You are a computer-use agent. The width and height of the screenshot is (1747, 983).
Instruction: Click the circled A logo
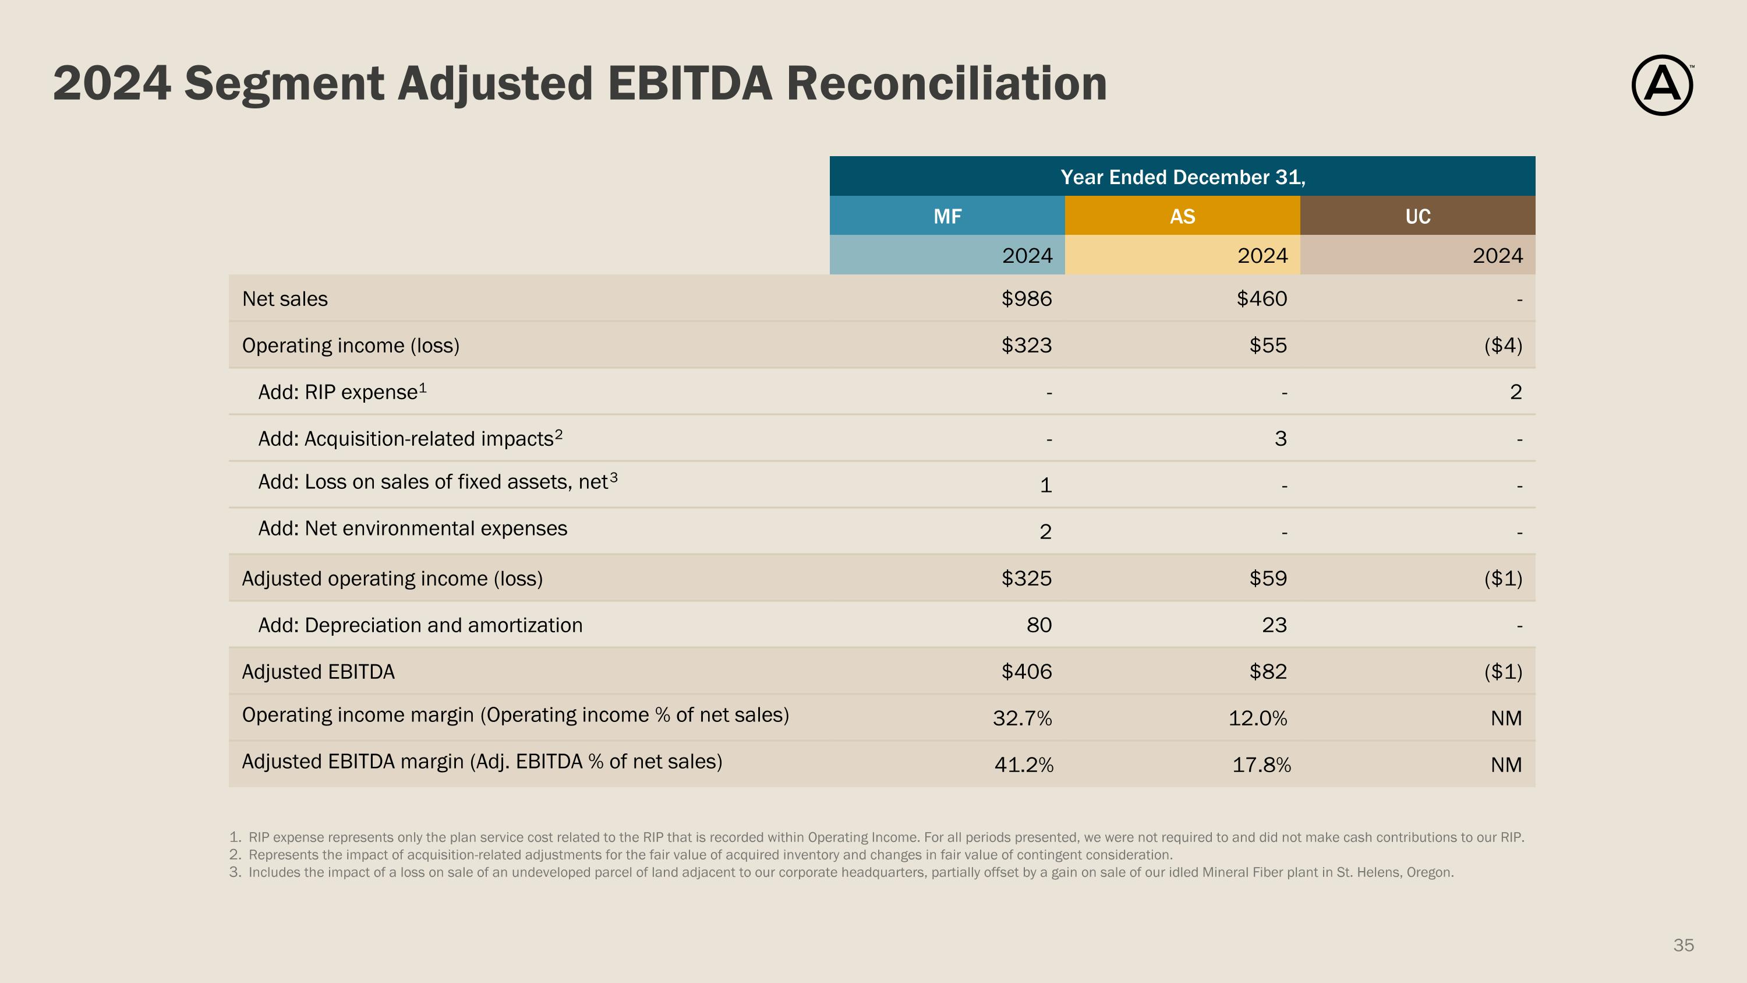(1661, 86)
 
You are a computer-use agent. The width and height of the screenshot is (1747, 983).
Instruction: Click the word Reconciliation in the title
(946, 83)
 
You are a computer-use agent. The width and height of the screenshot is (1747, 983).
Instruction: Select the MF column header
(947, 216)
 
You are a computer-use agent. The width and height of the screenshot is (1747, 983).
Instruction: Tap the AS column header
(1182, 216)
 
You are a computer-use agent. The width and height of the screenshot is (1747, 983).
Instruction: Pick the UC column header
(1417, 216)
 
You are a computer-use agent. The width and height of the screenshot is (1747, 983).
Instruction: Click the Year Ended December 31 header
(1182, 177)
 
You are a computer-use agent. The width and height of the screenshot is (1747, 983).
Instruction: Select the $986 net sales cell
(1026, 298)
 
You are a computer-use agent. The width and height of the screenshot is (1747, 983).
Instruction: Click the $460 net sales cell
(1261, 298)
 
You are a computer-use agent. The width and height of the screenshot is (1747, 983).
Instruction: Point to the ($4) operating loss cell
(1503, 346)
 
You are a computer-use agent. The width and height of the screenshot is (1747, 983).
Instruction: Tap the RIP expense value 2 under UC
(1516, 392)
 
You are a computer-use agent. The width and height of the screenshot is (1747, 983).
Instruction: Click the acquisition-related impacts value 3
(1281, 439)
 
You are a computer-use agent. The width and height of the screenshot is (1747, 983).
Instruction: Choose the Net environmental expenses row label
(412, 529)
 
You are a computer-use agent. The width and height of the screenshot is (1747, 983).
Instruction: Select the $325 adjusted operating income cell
(1026, 579)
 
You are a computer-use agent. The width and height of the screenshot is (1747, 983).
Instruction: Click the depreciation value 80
(1039, 625)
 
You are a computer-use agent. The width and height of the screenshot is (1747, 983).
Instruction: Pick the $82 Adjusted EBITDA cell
(1268, 672)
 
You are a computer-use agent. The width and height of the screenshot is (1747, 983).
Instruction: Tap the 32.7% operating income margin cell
(1022, 718)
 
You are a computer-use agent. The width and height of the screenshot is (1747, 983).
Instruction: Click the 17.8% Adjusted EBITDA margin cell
(1261, 765)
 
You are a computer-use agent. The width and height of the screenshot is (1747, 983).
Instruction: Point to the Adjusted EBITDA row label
(318, 672)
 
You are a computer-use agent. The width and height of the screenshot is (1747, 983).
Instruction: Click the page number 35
(1684, 945)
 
